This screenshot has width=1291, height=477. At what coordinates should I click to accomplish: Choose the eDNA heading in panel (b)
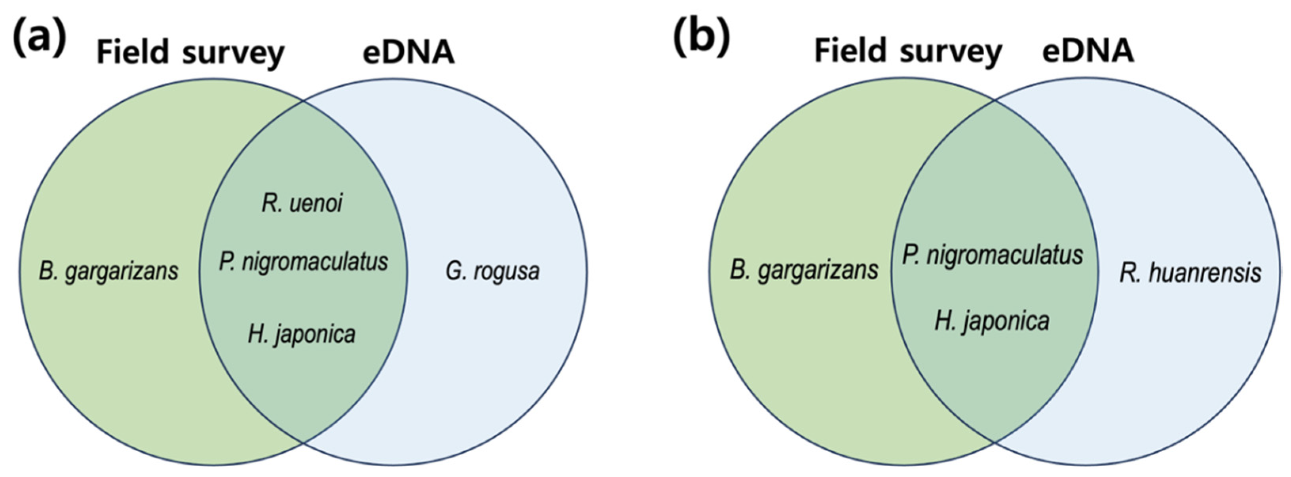pos(1088,51)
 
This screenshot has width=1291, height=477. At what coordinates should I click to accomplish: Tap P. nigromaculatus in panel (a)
pos(304,262)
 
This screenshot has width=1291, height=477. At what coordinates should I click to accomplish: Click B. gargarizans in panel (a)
pos(109,272)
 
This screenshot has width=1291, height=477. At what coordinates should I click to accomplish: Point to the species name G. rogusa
pos(493,272)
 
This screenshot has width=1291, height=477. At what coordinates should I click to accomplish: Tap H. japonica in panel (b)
pos(992,321)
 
